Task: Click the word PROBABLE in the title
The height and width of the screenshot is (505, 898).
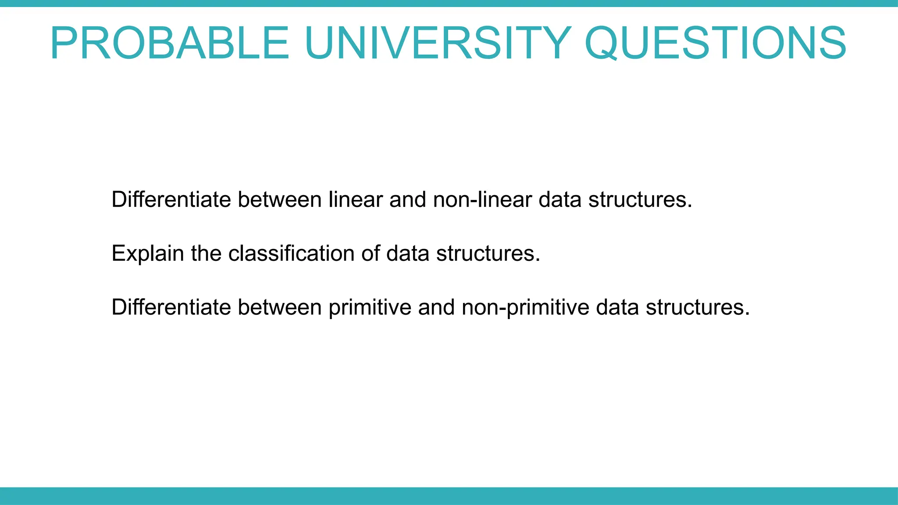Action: [x=170, y=43]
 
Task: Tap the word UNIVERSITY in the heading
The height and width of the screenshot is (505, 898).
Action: [x=438, y=43]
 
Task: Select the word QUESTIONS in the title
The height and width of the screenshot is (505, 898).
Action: [x=715, y=43]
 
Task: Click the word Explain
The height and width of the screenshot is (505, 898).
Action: [x=148, y=253]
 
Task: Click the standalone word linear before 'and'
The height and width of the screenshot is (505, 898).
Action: [x=356, y=199]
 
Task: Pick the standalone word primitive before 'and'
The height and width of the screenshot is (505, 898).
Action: [x=370, y=307]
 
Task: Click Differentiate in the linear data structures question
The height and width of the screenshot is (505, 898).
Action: [x=171, y=199]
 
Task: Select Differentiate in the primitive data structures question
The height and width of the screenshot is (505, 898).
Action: [x=171, y=307]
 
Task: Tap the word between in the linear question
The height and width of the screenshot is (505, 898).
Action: [x=280, y=199]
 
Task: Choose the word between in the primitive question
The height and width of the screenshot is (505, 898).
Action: [x=280, y=307]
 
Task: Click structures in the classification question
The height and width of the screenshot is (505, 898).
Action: [x=488, y=253]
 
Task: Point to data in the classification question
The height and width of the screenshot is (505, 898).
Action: [x=408, y=253]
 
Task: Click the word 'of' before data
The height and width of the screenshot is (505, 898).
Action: [x=371, y=253]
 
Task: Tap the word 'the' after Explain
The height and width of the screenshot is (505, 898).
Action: [x=206, y=253]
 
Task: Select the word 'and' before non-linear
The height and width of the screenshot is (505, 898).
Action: [x=408, y=199]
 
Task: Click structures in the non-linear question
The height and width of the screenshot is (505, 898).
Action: [x=640, y=199]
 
